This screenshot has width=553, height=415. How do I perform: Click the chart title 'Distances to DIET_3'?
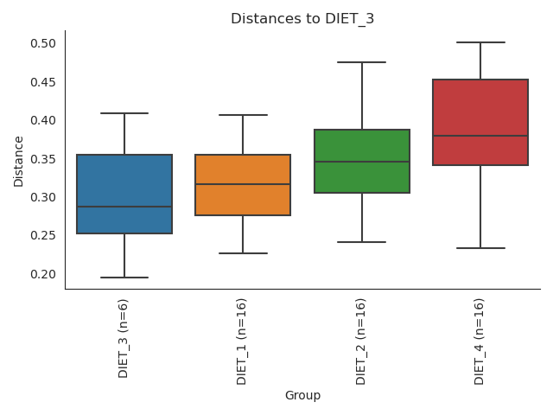pos(302,19)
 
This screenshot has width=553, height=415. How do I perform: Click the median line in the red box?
pos(480,136)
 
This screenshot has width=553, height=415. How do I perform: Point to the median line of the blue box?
pos(124,207)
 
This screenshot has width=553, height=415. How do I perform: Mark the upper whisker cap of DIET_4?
pos(480,42)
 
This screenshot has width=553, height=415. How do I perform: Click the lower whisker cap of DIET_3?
pos(124,278)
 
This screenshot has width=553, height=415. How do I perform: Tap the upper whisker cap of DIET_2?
pos(361,62)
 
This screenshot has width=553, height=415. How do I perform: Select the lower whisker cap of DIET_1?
pos(243,253)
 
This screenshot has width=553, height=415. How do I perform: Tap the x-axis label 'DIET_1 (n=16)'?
pos(242,342)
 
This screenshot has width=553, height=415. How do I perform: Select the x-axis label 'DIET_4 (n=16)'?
pos(479,342)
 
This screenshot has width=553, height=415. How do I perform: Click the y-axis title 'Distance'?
pos(19,161)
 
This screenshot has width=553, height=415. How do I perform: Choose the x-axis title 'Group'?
pos(302,396)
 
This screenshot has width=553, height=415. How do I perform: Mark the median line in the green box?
pos(361,162)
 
